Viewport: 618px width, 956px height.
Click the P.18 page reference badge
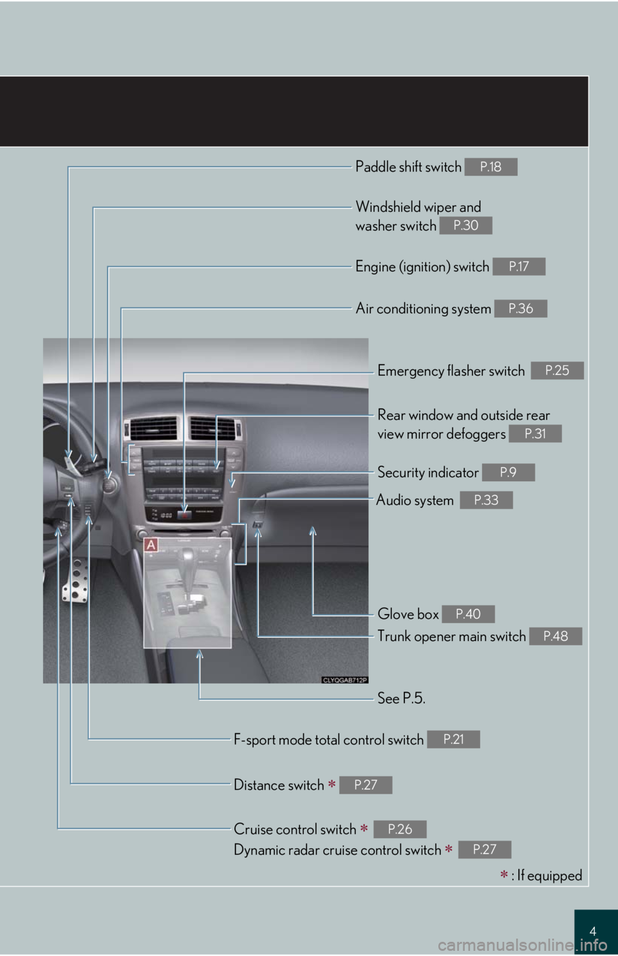(491, 167)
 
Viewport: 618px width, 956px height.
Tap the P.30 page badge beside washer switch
(465, 225)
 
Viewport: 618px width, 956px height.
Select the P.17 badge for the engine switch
(518, 266)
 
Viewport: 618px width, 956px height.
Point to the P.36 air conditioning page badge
(520, 309)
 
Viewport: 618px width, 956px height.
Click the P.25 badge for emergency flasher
(557, 370)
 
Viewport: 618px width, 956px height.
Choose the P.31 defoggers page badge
(534, 434)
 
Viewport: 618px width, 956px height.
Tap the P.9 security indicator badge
(508, 472)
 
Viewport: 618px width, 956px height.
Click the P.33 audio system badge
(486, 500)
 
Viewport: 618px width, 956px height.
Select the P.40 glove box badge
(468, 614)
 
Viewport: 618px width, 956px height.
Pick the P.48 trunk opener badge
(555, 636)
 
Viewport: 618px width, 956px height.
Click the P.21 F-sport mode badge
(453, 740)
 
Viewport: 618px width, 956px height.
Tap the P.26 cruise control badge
(399, 829)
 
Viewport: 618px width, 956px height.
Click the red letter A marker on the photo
(151, 545)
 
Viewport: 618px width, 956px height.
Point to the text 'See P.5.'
(401, 698)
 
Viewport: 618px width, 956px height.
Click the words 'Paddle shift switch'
(408, 167)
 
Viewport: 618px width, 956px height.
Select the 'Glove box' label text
(407, 614)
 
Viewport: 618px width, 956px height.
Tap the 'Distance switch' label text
(279, 785)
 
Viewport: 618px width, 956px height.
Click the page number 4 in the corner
(592, 931)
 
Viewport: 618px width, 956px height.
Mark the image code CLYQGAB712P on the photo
(344, 680)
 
